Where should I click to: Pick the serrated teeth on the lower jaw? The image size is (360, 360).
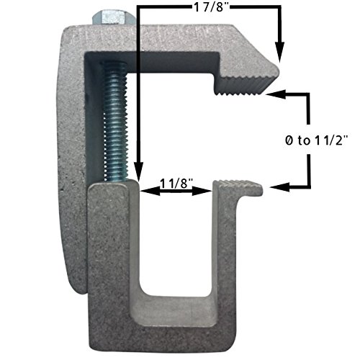tap(245, 186)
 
